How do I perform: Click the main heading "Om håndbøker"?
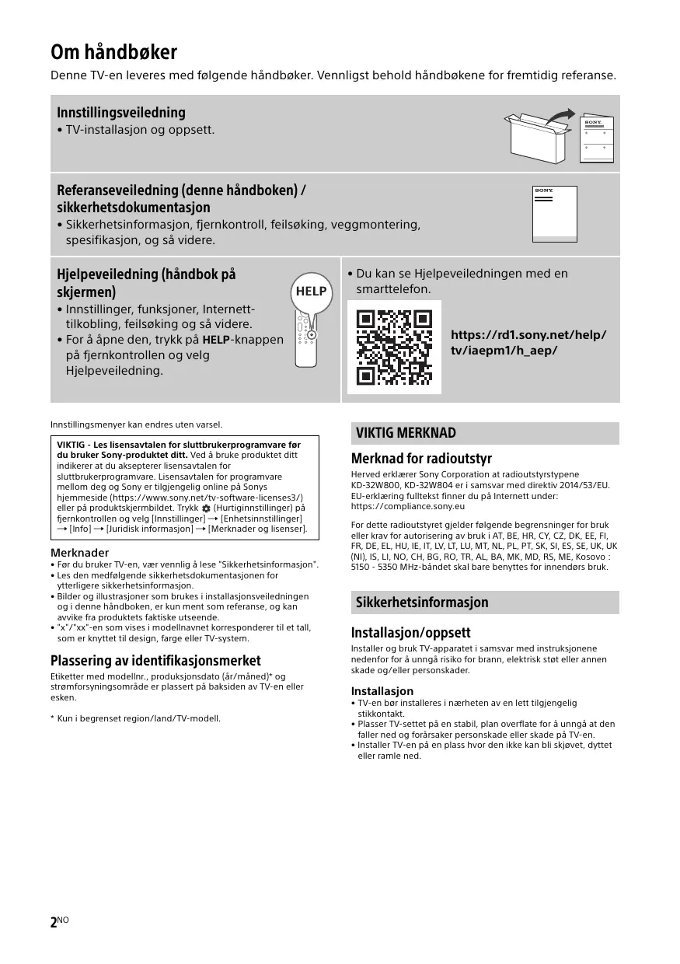113,53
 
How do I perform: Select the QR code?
393,347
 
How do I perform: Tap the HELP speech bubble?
311,292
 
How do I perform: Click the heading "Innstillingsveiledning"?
120,113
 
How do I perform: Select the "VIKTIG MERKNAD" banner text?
406,433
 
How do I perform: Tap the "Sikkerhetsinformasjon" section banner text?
421,602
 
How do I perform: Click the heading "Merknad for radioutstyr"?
421,459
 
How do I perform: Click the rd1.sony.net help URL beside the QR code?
528,343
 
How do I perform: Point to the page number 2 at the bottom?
54,923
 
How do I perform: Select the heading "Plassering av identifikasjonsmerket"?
155,661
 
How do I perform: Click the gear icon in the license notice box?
206,508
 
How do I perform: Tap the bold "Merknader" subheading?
79,553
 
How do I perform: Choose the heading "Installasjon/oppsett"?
410,633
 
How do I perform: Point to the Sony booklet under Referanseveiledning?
555,214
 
